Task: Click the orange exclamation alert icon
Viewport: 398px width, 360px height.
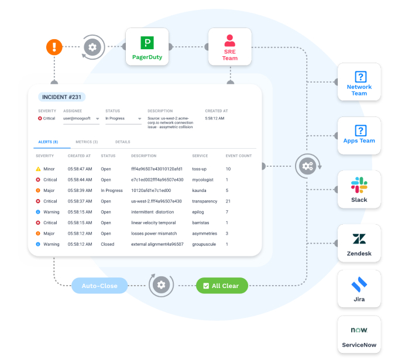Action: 54,46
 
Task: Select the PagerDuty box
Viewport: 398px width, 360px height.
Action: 147,47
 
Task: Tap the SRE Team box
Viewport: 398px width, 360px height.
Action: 229,47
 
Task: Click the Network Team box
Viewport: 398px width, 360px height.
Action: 359,83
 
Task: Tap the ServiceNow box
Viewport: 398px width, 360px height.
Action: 359,336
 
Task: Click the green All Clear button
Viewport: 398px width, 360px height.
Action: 222,286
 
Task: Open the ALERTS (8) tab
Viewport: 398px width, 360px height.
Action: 48,142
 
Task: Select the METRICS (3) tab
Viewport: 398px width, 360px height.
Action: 87,142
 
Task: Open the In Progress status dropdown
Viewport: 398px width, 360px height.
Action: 123,119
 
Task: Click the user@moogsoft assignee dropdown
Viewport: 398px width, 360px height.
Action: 81,119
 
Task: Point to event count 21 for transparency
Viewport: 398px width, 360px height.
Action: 228,201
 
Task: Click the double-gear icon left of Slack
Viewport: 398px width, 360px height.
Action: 306,166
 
